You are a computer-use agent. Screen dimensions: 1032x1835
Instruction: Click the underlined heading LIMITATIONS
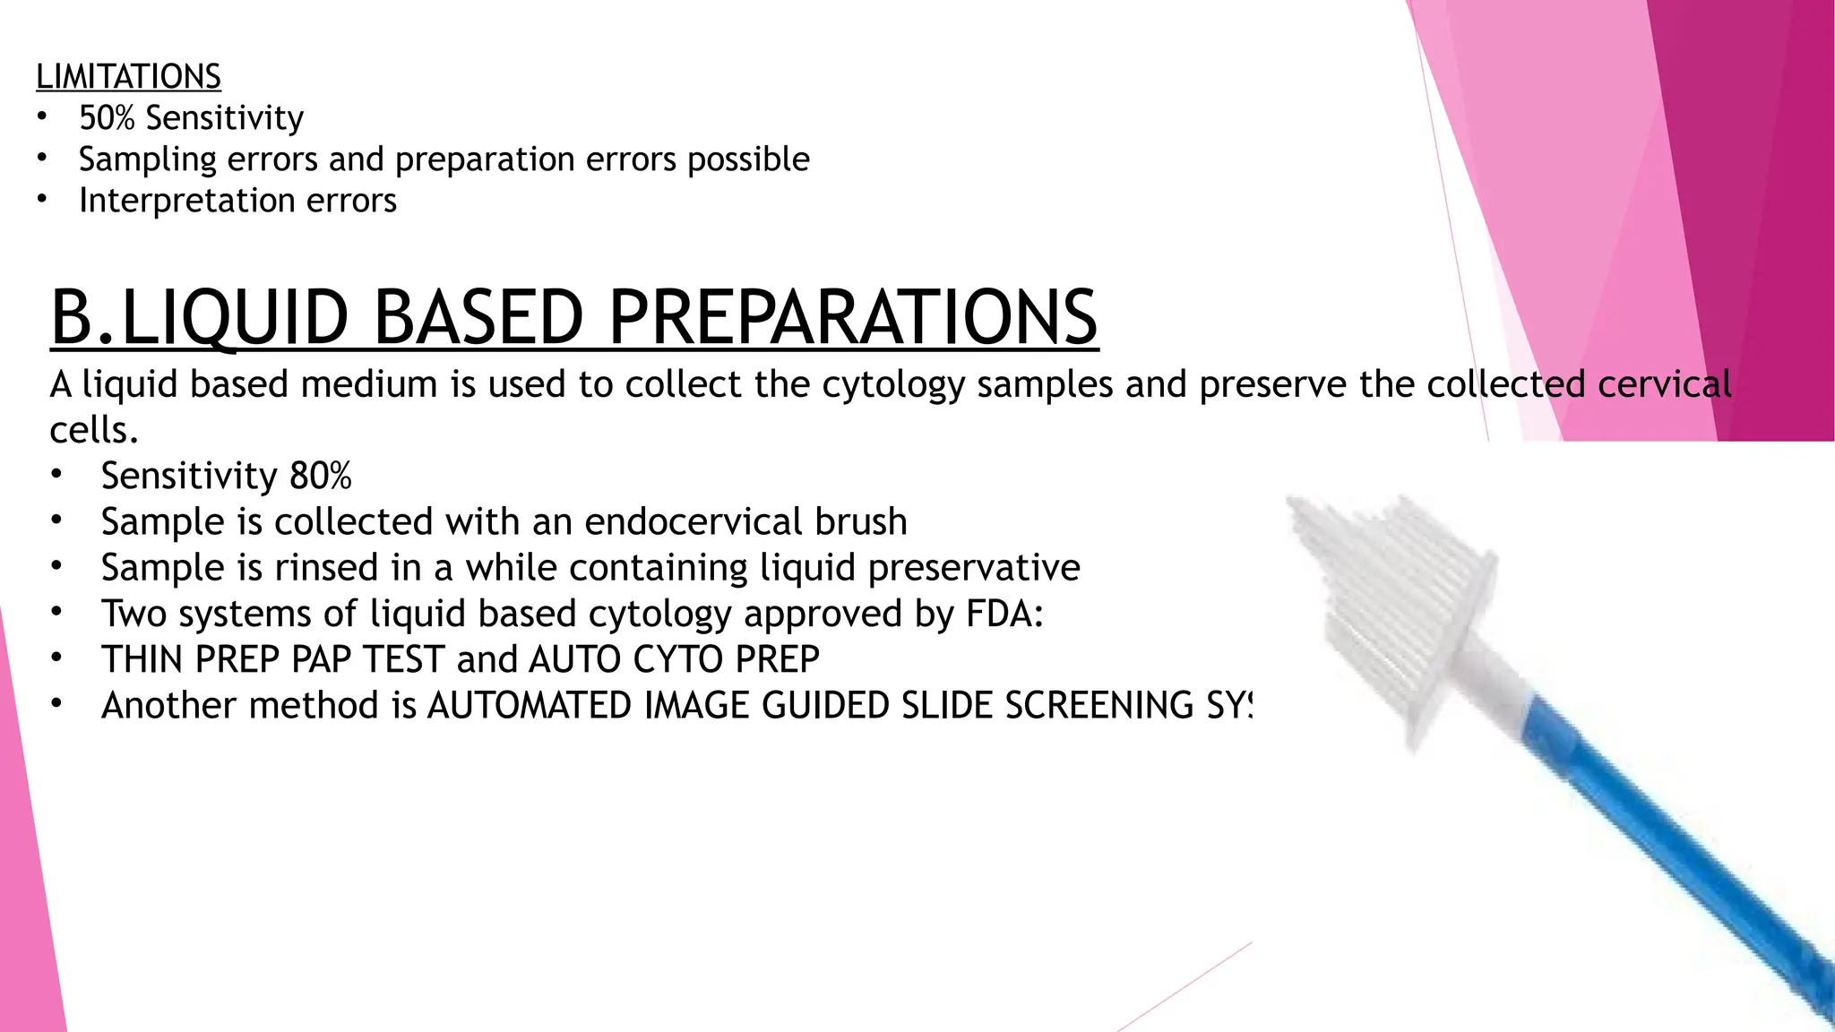pyautogui.click(x=128, y=77)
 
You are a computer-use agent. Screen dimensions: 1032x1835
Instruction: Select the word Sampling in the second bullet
pyautogui.click(x=147, y=160)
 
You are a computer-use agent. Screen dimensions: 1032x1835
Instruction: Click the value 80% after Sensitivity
pyautogui.click(x=320, y=477)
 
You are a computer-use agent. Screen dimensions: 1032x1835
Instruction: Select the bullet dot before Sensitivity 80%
pyautogui.click(x=56, y=475)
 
